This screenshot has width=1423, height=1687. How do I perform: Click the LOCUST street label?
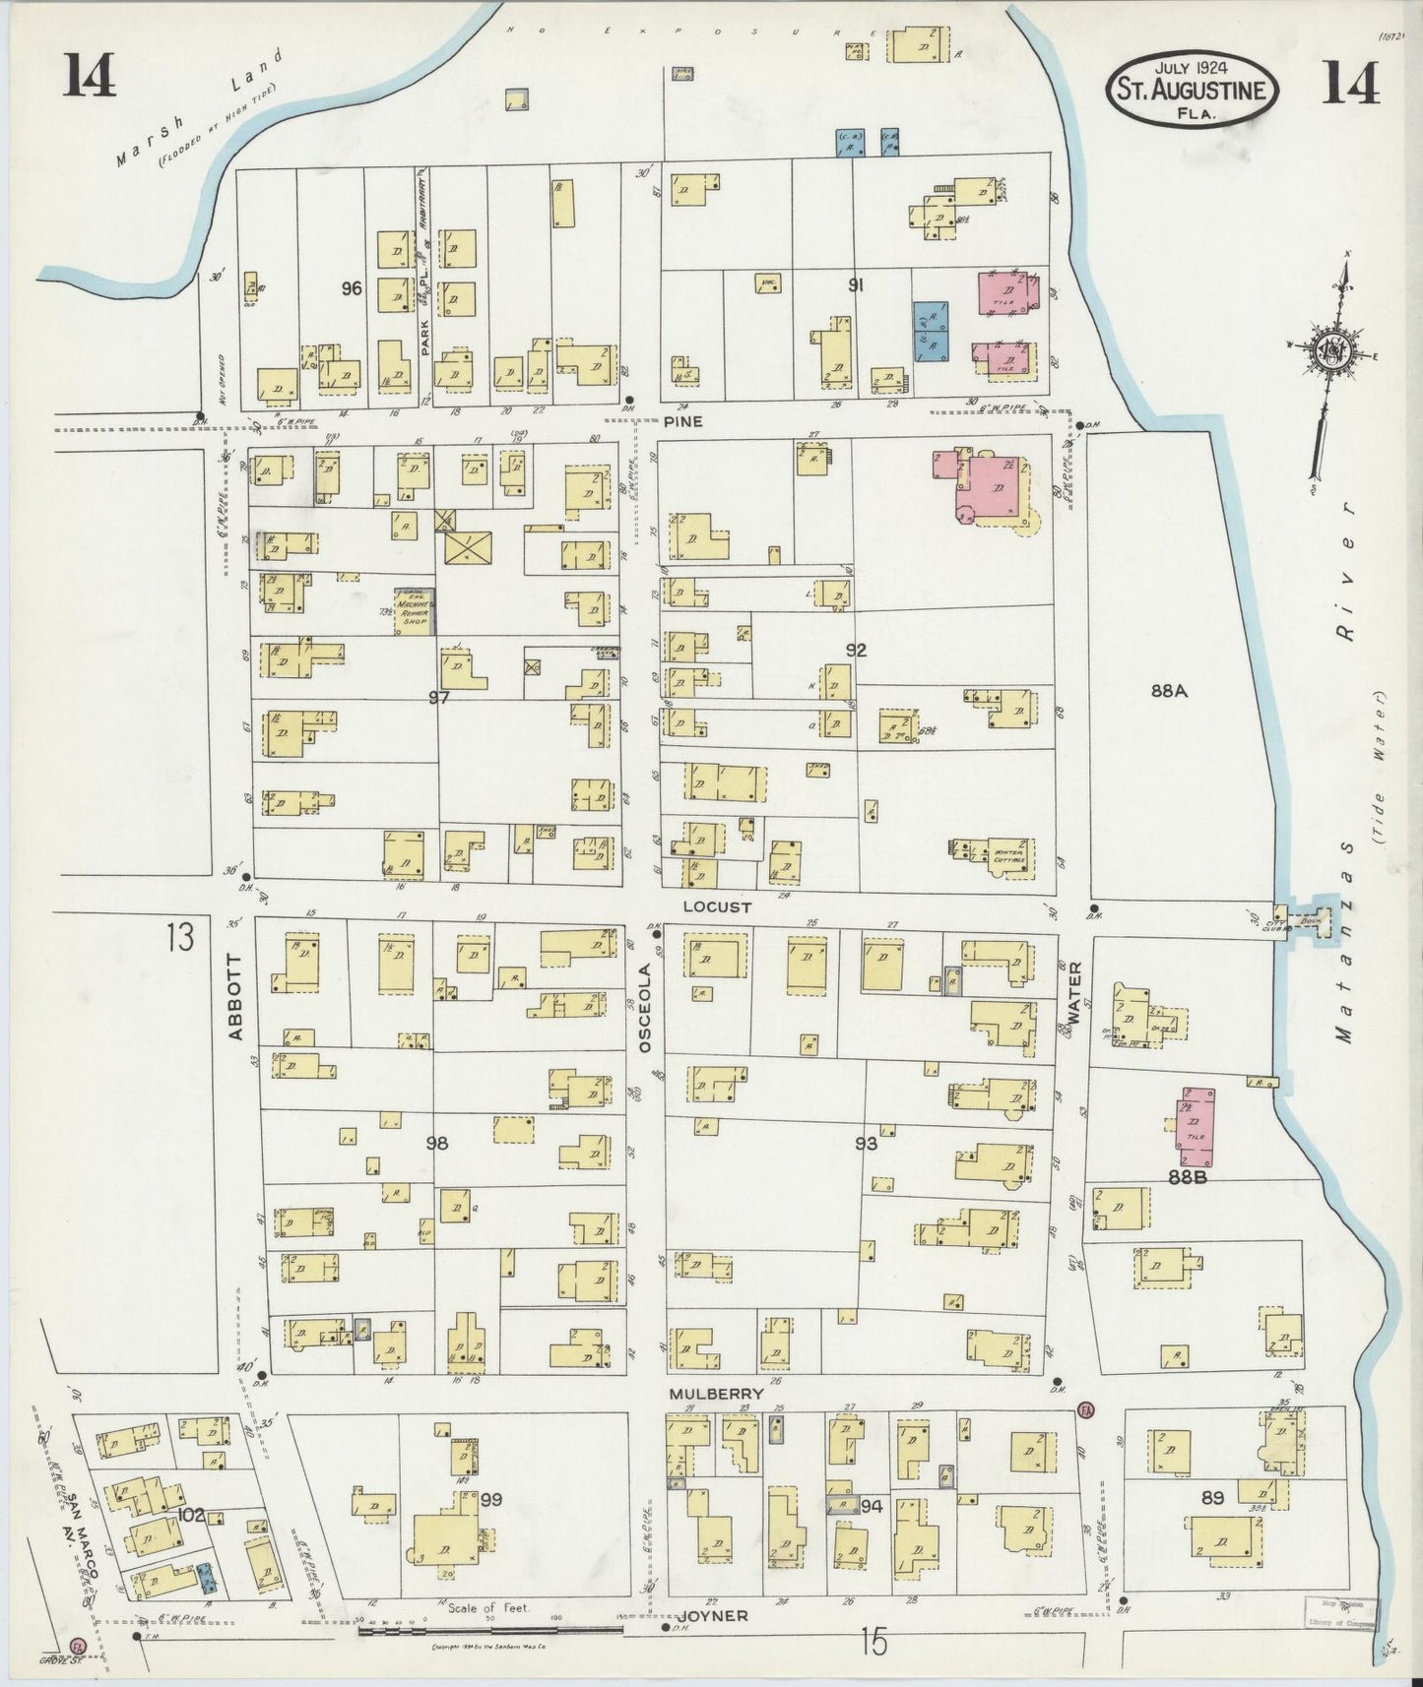point(722,906)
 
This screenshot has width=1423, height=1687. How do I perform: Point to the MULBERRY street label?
point(716,1394)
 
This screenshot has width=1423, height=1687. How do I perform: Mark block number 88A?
point(1169,691)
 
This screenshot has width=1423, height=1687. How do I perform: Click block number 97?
point(439,697)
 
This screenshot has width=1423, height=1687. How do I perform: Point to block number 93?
point(866,1143)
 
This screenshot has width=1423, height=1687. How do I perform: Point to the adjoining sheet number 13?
point(180,938)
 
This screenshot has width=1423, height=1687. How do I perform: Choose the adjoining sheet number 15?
point(873,1641)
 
